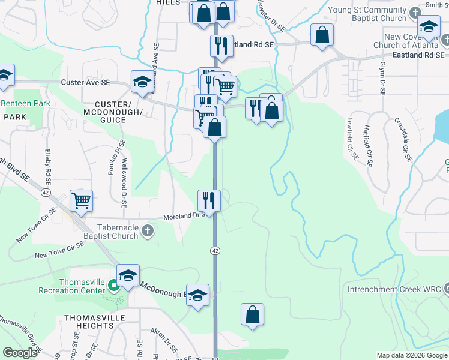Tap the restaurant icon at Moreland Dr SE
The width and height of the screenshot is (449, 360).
[209, 199]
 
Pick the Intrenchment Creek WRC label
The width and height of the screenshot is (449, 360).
[393, 290]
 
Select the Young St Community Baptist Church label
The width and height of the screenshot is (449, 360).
[368, 14]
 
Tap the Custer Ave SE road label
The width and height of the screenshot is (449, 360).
[85, 82]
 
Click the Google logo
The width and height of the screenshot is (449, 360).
[20, 353]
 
